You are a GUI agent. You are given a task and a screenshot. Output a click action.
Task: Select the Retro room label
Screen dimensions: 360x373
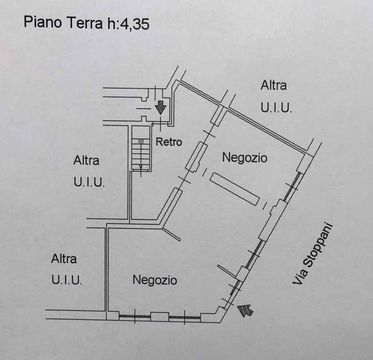click(169, 142)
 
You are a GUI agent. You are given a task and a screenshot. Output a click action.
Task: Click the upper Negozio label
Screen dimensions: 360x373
click(244, 158)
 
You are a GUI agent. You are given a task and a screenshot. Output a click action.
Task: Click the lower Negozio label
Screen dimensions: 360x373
click(155, 280)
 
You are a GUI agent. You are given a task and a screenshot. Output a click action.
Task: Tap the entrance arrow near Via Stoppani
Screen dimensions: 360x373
click(246, 310)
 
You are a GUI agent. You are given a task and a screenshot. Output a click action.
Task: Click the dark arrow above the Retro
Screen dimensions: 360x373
click(160, 108)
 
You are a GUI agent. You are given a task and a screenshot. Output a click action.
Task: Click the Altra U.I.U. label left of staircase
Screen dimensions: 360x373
click(89, 171)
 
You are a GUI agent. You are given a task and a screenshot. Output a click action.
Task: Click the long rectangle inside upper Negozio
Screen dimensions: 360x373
click(235, 189)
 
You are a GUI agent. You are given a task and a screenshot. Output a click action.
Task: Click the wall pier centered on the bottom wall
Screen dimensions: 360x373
click(160, 317)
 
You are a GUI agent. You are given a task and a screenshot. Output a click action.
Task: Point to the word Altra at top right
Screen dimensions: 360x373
click(274, 86)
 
